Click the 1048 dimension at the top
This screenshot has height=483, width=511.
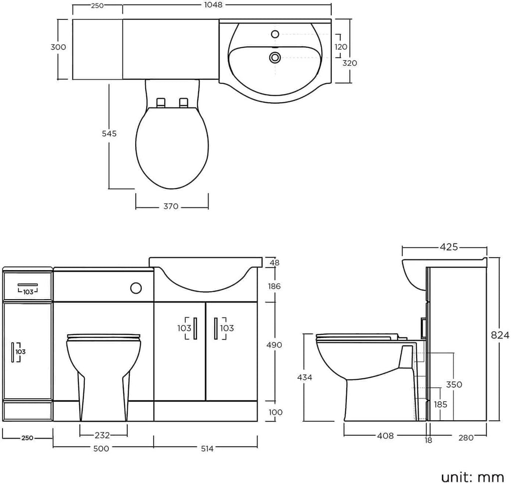pyautogui.click(x=214, y=4)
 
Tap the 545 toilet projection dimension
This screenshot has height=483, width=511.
pyautogui.click(x=109, y=134)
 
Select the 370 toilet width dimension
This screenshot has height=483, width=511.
pyautogui.click(x=171, y=206)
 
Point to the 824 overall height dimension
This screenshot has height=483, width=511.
pyautogui.click(x=500, y=335)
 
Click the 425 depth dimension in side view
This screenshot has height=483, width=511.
pyautogui.click(x=449, y=247)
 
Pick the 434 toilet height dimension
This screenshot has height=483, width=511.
pyautogui.click(x=305, y=377)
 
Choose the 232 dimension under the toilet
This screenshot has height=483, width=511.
pyautogui.click(x=102, y=435)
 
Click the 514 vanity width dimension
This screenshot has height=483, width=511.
pyautogui.click(x=207, y=449)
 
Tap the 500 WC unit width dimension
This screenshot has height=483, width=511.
pyautogui.click(x=101, y=449)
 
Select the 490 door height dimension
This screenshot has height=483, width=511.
pyautogui.click(x=274, y=344)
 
